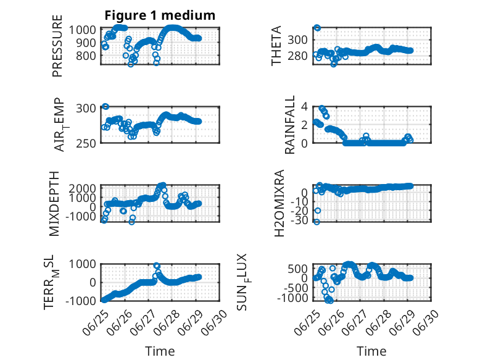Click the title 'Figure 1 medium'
[160, 15]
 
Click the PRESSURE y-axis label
[57, 46]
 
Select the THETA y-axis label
[276, 46]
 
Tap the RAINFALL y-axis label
[289, 124]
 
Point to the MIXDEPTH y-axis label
[54, 204]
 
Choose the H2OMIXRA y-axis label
[279, 203]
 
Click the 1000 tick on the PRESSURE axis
[82, 30]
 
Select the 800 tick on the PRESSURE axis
[86, 56]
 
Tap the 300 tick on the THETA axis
[297, 40]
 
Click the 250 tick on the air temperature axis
[86, 143]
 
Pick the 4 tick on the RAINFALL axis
[304, 107]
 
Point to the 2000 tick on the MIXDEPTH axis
[82, 188]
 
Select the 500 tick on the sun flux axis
[297, 269]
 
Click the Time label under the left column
[160, 351]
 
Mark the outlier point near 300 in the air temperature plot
[106, 107]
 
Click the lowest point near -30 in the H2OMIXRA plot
[317, 222]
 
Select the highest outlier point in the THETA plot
[318, 28]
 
